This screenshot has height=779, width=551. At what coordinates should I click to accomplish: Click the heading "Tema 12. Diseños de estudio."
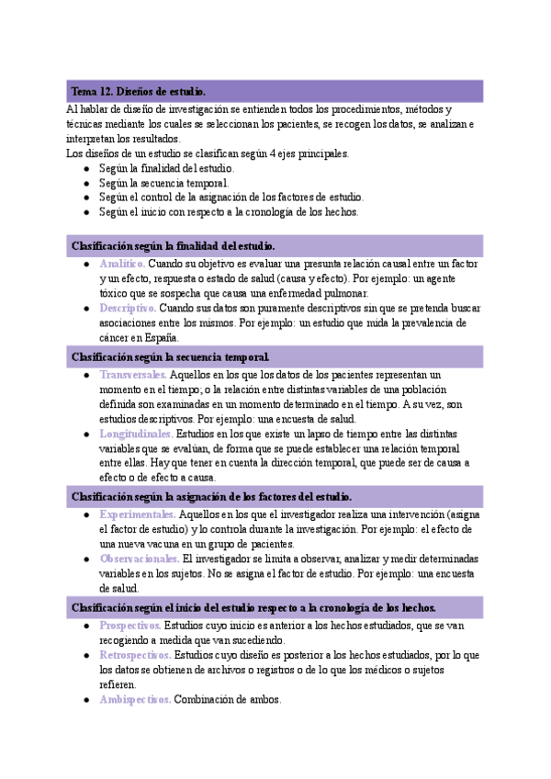tap(139, 92)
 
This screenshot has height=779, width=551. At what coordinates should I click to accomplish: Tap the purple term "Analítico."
tap(121, 264)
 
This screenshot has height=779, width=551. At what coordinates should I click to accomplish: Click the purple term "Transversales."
tap(133, 375)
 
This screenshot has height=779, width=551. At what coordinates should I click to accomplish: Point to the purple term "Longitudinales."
tap(135, 434)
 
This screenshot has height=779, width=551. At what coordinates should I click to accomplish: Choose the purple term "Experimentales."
tap(137, 514)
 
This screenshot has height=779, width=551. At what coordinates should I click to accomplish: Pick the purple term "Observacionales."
tap(139, 559)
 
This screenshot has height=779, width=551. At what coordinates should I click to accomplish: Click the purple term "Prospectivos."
tap(130, 625)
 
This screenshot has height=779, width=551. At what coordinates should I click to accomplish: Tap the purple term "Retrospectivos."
tap(135, 655)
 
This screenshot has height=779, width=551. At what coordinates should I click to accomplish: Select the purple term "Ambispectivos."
tap(134, 699)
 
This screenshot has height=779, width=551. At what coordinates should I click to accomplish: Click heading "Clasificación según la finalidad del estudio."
tap(174, 245)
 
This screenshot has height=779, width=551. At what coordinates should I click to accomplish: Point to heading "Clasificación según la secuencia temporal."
tap(171, 356)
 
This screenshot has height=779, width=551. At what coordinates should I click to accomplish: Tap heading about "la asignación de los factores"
tap(211, 496)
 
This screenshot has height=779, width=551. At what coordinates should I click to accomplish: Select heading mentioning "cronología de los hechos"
tap(253, 607)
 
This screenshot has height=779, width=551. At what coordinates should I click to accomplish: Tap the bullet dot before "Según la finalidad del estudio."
tap(85, 169)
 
